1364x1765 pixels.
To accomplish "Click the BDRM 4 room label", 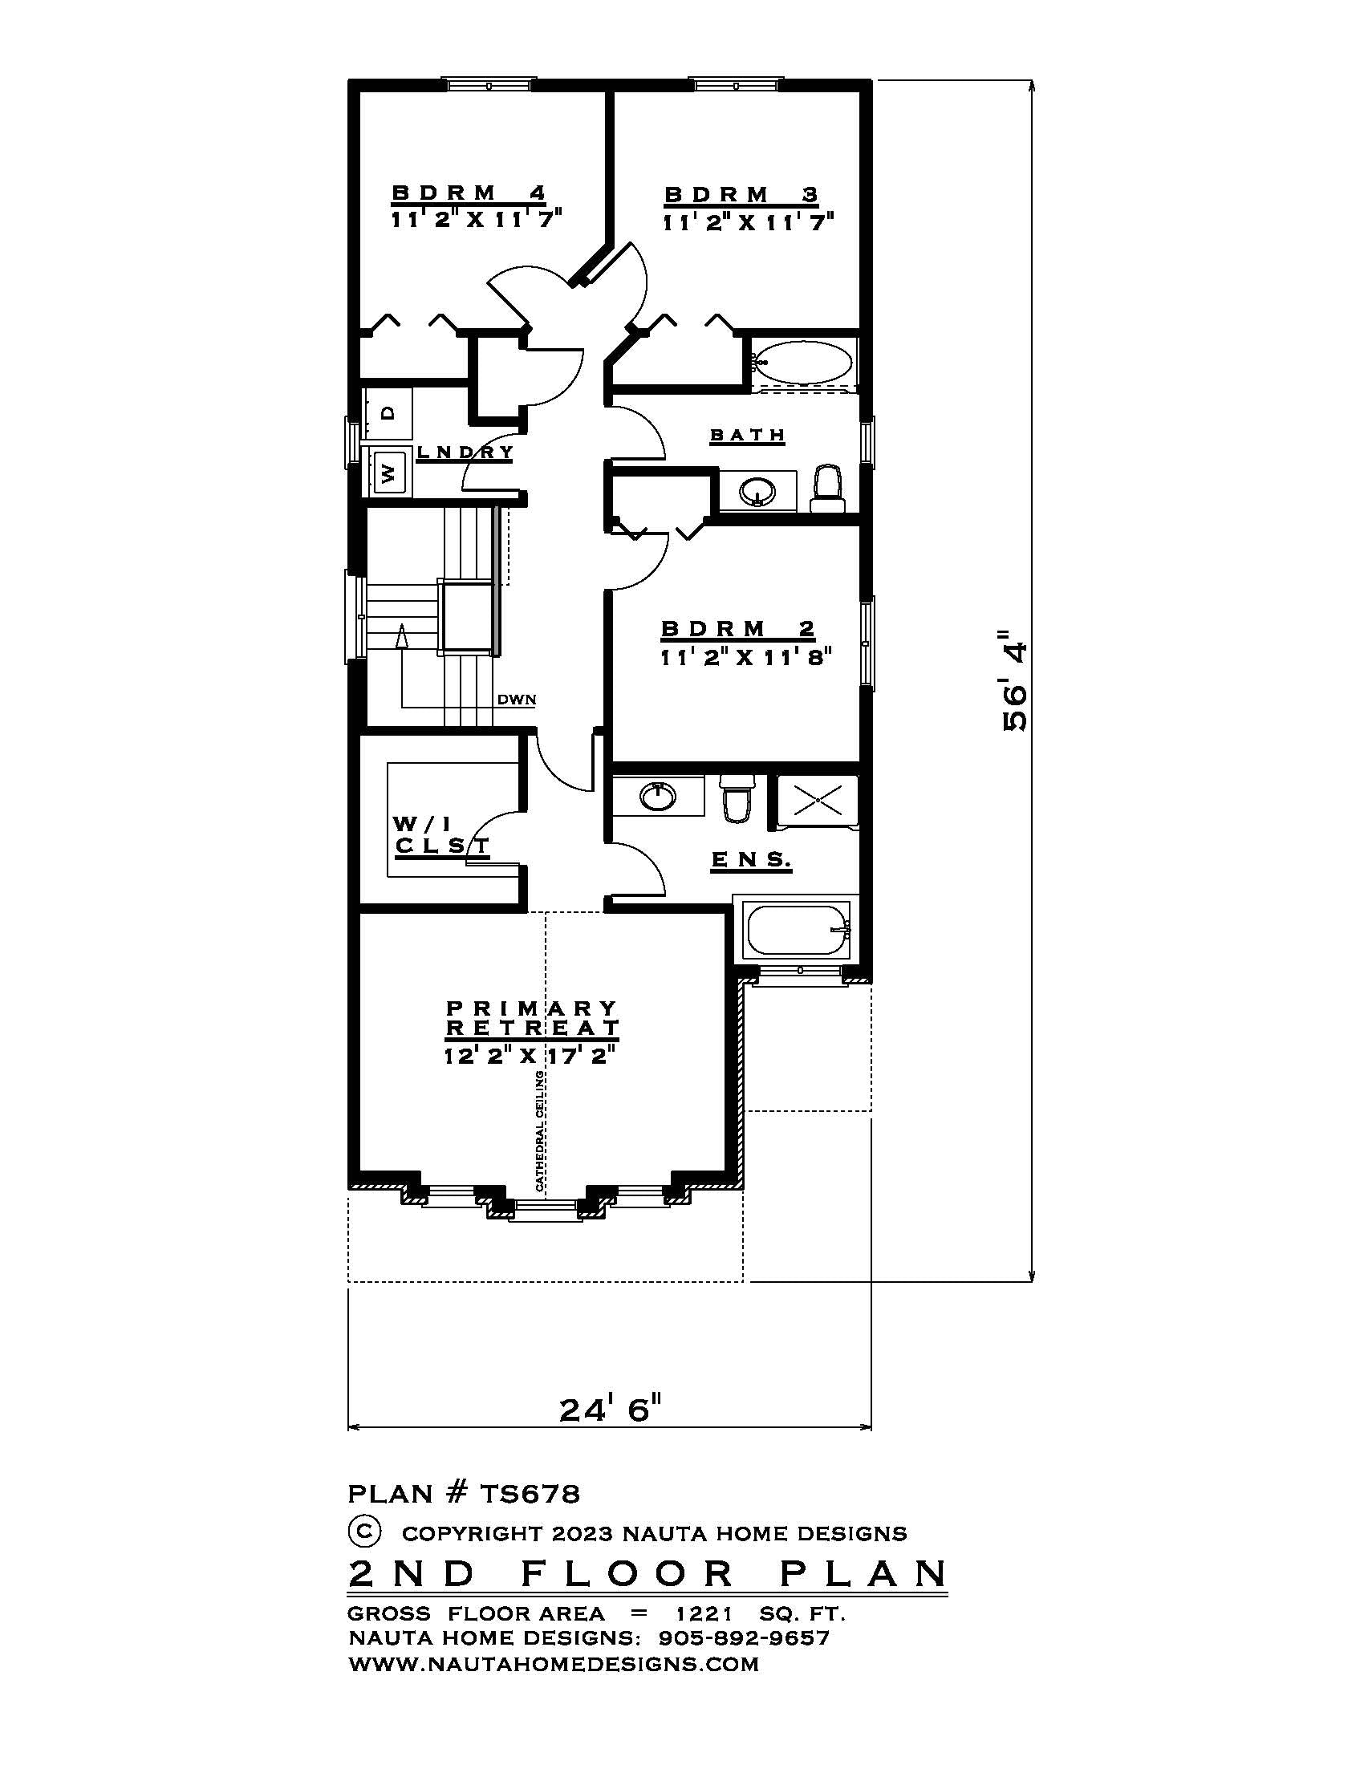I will (x=469, y=193).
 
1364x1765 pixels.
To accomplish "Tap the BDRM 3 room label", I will (x=741, y=195).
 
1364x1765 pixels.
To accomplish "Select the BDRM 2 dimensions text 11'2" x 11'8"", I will (x=745, y=657).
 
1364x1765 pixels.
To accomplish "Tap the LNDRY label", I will (x=465, y=452).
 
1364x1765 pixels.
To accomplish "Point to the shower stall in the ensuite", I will (x=817, y=800).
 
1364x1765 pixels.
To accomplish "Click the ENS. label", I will (x=751, y=860).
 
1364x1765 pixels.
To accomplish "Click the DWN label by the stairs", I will (x=517, y=700).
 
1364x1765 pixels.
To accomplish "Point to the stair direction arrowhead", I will (x=401, y=637).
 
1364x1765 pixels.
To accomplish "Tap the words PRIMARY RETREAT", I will (x=532, y=1018).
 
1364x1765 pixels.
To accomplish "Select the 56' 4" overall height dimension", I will (x=1015, y=680).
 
